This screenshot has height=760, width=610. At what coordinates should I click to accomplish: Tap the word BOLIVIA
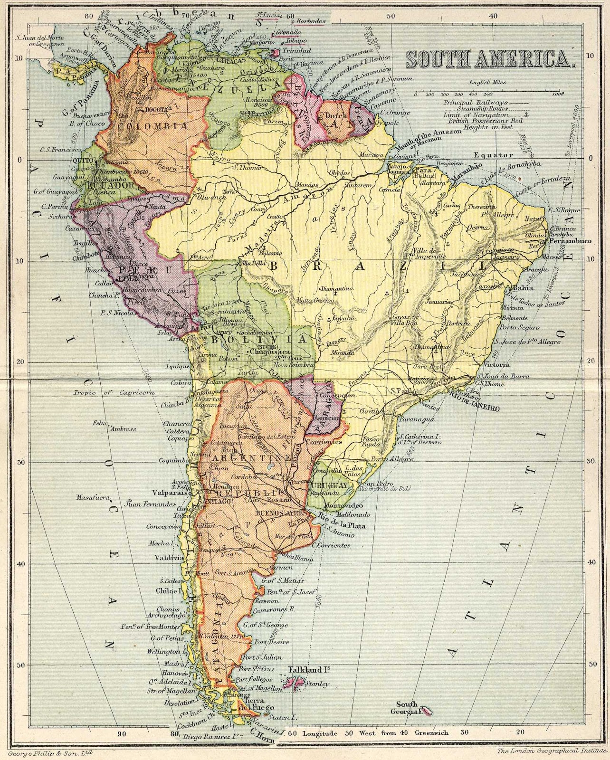point(259,341)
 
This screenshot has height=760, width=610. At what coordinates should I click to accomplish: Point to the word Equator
point(493,155)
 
